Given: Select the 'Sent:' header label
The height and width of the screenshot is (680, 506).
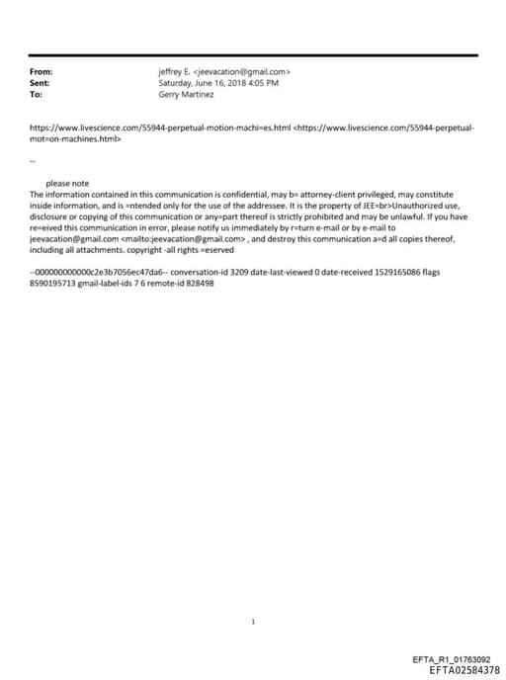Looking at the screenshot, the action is click(41, 83).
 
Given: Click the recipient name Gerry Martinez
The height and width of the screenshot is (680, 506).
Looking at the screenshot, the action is click(186, 94).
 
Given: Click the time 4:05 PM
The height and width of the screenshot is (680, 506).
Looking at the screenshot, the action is click(264, 83).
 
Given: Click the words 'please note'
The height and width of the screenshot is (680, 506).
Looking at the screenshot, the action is click(67, 183).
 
